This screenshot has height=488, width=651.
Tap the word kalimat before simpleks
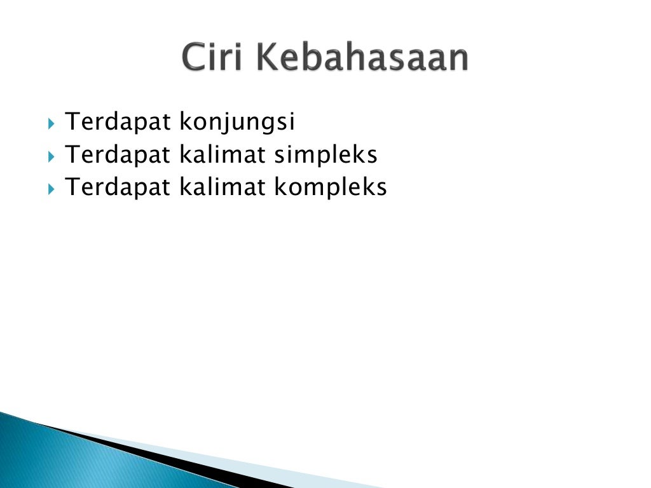tap(223, 154)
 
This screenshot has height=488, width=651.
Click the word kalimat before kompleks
tap(223, 187)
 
